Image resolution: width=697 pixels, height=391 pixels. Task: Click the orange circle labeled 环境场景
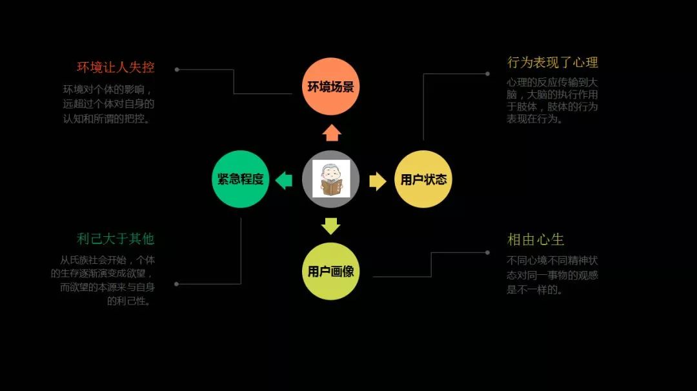[x=330, y=86]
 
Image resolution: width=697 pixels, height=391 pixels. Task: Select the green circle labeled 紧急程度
[x=241, y=179]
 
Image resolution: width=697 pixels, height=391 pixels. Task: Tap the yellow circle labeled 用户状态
[x=423, y=179]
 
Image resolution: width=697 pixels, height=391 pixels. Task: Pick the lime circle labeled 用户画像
[x=330, y=271]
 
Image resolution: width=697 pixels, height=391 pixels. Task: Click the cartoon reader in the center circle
[x=331, y=179]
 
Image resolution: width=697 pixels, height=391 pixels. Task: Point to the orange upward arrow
[x=331, y=132]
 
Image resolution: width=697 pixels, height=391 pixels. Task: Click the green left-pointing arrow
[x=284, y=180]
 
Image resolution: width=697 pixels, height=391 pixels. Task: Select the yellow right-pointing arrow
[x=378, y=181]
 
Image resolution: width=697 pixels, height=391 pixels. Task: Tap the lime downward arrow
[x=330, y=226]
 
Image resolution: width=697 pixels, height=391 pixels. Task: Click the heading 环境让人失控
[x=116, y=67]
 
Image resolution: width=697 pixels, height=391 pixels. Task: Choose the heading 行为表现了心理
[x=552, y=63]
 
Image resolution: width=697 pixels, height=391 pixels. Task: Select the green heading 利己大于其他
[x=116, y=239]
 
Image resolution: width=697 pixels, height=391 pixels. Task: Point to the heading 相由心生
[x=536, y=240]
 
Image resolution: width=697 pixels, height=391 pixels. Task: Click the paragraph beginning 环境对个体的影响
[x=108, y=104]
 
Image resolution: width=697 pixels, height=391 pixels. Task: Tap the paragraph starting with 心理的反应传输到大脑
[x=552, y=101]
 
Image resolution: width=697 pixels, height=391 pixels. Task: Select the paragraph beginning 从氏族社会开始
[x=103, y=280]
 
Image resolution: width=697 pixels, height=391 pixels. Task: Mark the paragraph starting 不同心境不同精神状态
[x=552, y=276]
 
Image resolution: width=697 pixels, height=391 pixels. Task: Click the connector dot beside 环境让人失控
[x=177, y=69]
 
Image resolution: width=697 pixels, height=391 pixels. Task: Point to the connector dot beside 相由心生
[x=487, y=252]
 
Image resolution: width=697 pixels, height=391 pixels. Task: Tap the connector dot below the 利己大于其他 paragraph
[x=177, y=283]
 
